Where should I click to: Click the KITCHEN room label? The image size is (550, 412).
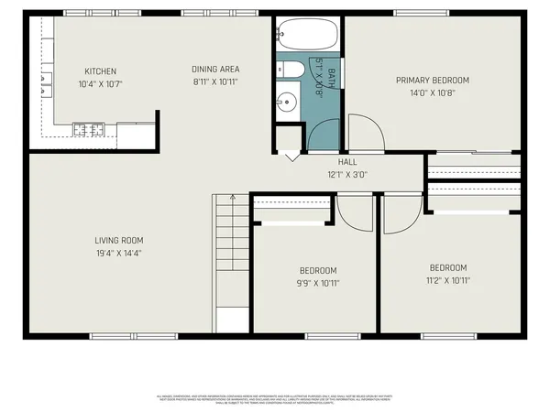pos(100,71)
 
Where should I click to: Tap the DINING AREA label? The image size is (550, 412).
pos(215,69)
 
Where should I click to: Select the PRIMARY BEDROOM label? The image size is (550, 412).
pos(433,80)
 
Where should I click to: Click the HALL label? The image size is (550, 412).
pos(347,162)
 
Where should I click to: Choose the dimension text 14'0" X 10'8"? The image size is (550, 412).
pos(433,92)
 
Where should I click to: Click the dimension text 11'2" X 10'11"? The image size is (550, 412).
pos(448,281)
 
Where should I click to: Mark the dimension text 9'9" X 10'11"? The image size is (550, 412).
pos(318,283)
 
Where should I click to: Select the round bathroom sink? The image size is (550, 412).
pos(288,102)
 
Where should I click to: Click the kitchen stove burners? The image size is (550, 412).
pos(88,127)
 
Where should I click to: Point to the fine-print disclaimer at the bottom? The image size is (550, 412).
pos(275,397)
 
